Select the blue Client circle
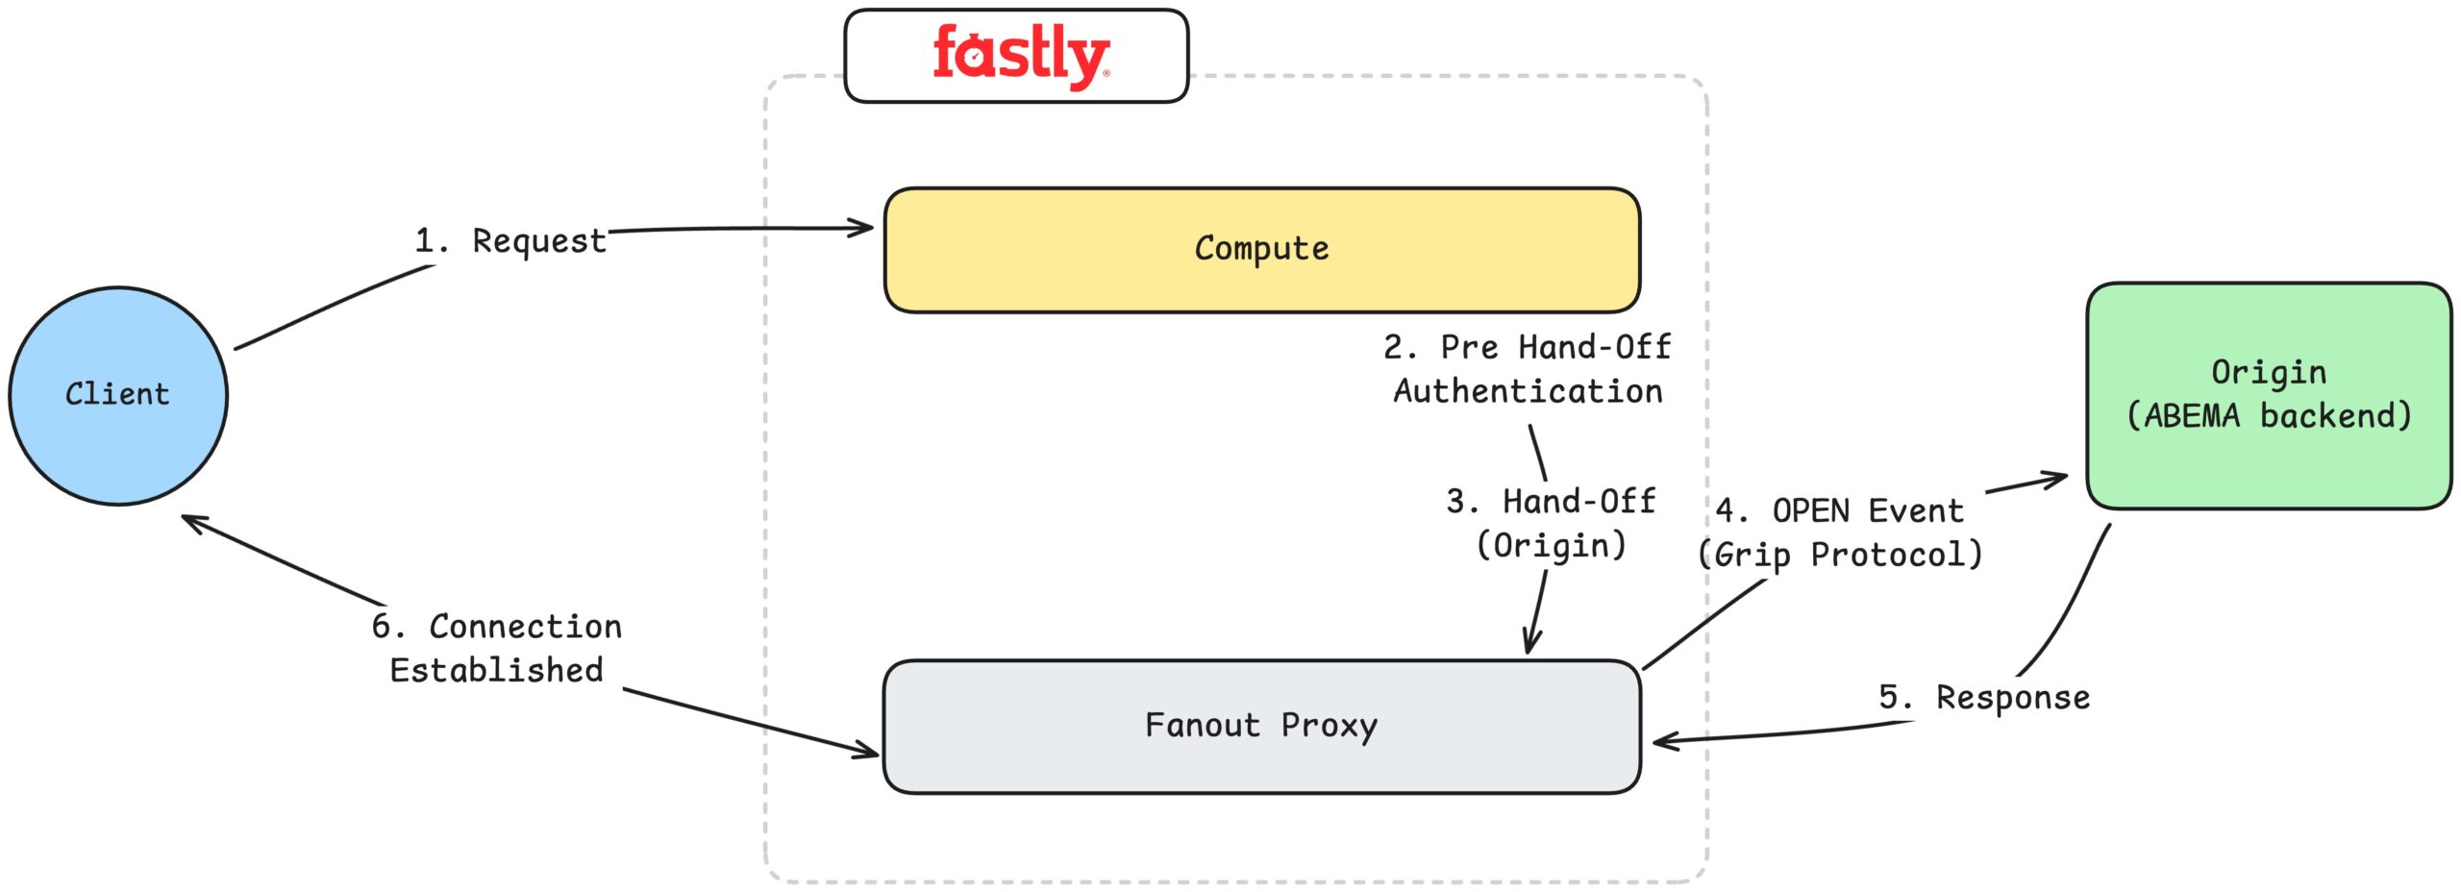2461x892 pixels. [x=117, y=395]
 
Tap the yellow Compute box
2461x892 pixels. [x=1260, y=250]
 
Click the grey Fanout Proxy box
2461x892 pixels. [x=1260, y=726]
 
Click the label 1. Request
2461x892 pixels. [x=510, y=240]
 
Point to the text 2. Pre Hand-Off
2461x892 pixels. [x=1527, y=347]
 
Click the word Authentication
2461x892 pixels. [x=1527, y=391]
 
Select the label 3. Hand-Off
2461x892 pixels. [x=1550, y=501]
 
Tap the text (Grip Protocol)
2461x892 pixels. [x=1839, y=555]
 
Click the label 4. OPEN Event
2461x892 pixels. [x=1839, y=510]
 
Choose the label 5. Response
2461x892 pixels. [x=1983, y=697]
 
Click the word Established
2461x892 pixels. [x=496, y=670]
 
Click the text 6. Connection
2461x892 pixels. [x=496, y=627]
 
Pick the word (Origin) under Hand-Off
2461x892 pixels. [x=1550, y=545]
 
